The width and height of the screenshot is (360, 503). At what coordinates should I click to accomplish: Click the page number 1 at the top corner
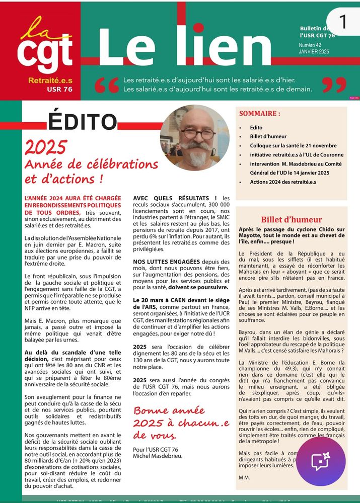(343, 22)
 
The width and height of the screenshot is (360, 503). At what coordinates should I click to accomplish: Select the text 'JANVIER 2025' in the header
(314, 52)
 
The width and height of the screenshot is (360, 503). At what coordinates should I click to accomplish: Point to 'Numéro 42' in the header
(310, 45)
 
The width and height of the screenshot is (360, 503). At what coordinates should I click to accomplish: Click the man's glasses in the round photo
(198, 134)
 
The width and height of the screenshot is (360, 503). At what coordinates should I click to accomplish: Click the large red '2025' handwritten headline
(46, 147)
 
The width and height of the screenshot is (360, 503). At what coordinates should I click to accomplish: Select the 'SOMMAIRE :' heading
(259, 114)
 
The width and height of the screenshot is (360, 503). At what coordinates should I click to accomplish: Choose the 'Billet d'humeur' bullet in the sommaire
(268, 136)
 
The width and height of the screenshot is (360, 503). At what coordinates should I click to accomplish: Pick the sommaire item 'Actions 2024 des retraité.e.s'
(283, 182)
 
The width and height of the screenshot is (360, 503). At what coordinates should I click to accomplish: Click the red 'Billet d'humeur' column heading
(292, 220)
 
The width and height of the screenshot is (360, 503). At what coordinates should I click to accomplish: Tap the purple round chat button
(321, 462)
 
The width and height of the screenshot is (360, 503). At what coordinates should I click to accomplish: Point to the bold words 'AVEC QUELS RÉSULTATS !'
(175, 198)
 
